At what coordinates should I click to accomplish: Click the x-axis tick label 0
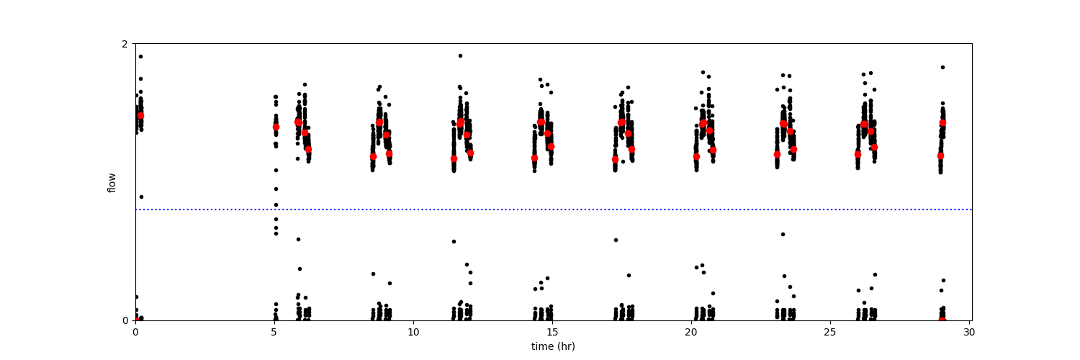(x=135, y=333)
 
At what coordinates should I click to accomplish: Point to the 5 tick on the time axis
(x=274, y=333)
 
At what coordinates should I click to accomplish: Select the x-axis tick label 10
(x=413, y=333)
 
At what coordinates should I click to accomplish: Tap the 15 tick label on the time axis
(x=552, y=333)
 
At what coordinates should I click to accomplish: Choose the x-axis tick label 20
(x=691, y=333)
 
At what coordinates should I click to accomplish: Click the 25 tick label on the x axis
(x=830, y=333)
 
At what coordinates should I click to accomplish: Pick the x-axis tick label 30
(x=969, y=333)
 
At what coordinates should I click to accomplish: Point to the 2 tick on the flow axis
(x=125, y=44)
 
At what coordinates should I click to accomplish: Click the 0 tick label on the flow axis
(x=125, y=320)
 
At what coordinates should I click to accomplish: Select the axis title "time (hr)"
(x=553, y=346)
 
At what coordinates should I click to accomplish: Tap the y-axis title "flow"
(x=112, y=182)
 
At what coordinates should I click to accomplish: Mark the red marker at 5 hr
(x=276, y=127)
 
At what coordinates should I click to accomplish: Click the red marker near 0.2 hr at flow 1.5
(x=140, y=115)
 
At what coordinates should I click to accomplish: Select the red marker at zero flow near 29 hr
(x=942, y=320)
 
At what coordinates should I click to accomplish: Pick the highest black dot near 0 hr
(x=140, y=56)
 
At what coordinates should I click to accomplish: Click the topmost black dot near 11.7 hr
(x=460, y=55)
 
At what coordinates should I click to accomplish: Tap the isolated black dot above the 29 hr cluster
(x=942, y=67)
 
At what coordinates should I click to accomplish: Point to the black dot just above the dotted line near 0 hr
(x=141, y=197)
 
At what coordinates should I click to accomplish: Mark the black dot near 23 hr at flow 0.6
(x=783, y=234)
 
